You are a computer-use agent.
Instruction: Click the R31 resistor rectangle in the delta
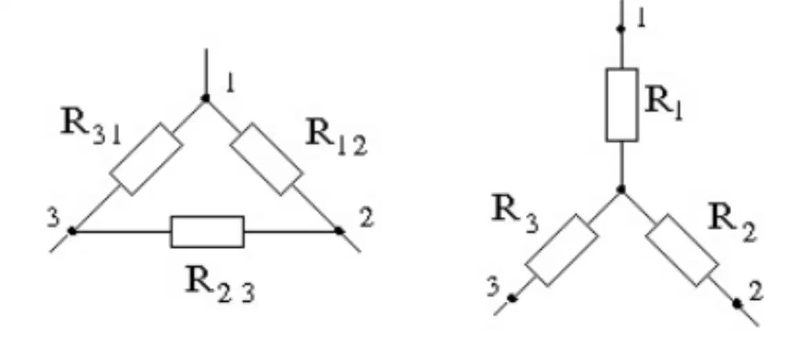(146, 159)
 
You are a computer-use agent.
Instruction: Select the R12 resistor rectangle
(266, 159)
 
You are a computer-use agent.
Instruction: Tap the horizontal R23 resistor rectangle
(207, 232)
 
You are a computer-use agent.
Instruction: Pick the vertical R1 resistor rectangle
(622, 105)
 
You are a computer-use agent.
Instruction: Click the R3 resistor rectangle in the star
(561, 250)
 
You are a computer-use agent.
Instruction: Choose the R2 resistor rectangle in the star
(681, 250)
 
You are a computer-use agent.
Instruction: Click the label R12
(336, 136)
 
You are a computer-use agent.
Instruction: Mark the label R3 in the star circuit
(514, 213)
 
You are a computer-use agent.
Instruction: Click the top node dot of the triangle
(206, 98)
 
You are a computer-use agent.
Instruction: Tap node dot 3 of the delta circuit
(72, 231)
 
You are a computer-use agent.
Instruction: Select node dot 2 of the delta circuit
(339, 231)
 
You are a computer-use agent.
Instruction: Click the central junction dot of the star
(622, 190)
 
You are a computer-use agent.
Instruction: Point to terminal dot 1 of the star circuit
(622, 29)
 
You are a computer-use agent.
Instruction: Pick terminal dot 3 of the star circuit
(512, 298)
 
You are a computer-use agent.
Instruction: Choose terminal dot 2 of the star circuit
(737, 304)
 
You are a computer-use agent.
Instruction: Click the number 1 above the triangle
(230, 83)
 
